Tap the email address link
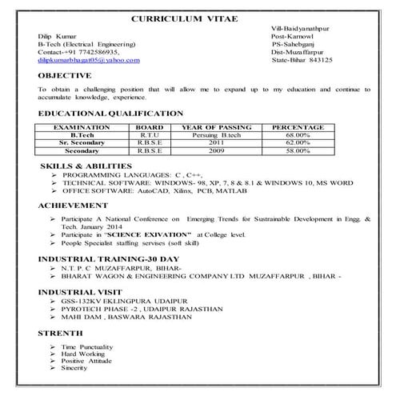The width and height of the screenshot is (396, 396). coord(88,60)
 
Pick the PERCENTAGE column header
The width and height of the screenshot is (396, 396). coord(298,127)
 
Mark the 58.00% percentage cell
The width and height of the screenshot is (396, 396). coord(298,150)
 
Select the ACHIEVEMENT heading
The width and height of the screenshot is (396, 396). coord(73,206)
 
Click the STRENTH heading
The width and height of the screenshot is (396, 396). coord(60,332)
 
